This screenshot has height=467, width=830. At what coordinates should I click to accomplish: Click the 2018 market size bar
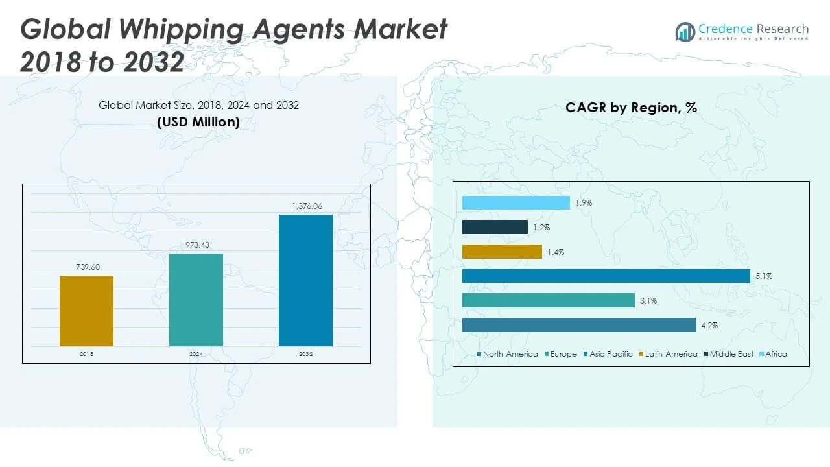click(x=86, y=311)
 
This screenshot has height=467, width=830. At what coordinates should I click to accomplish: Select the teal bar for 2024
click(x=196, y=300)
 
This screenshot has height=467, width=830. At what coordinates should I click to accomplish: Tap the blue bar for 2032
click(x=305, y=280)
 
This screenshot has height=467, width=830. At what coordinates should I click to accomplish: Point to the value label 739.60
click(x=86, y=267)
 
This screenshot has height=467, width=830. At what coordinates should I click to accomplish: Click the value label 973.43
click(x=196, y=245)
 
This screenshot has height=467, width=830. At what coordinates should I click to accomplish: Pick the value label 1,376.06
click(x=305, y=206)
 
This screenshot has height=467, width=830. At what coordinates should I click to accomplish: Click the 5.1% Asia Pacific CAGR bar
click(x=606, y=276)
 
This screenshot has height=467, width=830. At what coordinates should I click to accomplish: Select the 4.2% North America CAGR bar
click(x=578, y=326)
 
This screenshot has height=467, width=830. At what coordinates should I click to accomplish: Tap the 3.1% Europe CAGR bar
click(x=548, y=301)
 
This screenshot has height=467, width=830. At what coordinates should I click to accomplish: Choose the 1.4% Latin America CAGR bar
click(x=502, y=252)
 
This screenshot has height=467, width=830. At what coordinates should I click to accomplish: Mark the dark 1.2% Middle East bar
click(x=495, y=227)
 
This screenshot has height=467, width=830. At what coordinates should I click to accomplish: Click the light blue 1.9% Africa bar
click(x=516, y=202)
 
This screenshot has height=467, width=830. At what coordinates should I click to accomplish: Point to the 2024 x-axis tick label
click(x=196, y=355)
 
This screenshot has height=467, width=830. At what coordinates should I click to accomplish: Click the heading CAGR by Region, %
click(x=631, y=108)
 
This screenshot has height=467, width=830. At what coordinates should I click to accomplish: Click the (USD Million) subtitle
click(x=198, y=122)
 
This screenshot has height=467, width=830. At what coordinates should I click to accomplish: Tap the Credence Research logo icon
click(x=685, y=31)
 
